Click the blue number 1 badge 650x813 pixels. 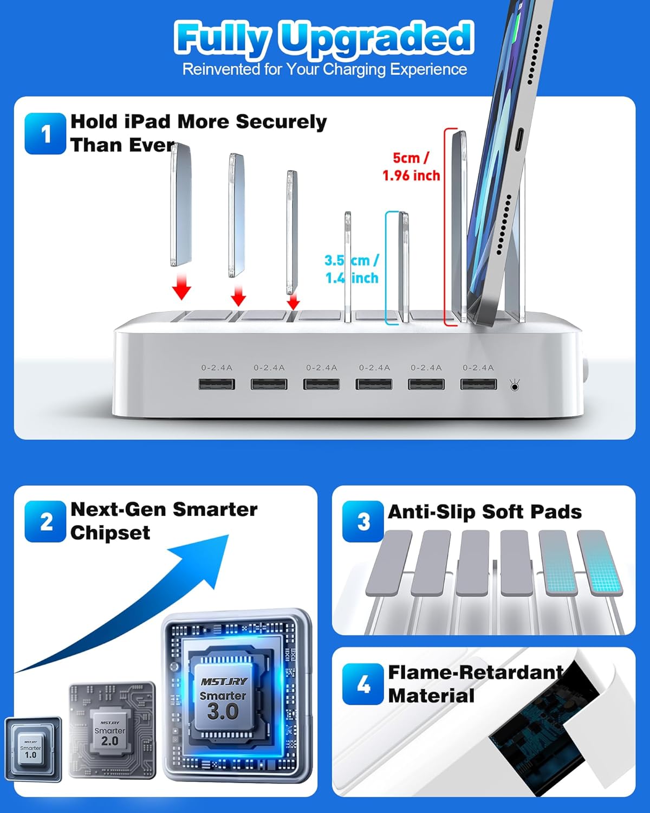(x=45, y=134)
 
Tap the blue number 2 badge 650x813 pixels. (x=46, y=522)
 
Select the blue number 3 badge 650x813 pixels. (x=363, y=522)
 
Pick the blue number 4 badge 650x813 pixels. (x=363, y=684)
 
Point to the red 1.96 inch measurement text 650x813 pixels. (x=411, y=176)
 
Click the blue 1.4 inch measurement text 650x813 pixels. (x=352, y=278)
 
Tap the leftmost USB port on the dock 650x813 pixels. (x=217, y=384)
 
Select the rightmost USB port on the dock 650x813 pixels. (x=478, y=384)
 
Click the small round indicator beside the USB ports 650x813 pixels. (x=514, y=386)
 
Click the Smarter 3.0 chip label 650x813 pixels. (x=223, y=705)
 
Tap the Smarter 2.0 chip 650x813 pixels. (x=110, y=732)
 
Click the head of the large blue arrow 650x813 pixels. (x=206, y=558)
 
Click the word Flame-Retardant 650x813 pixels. (x=476, y=673)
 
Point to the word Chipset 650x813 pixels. (x=110, y=533)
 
